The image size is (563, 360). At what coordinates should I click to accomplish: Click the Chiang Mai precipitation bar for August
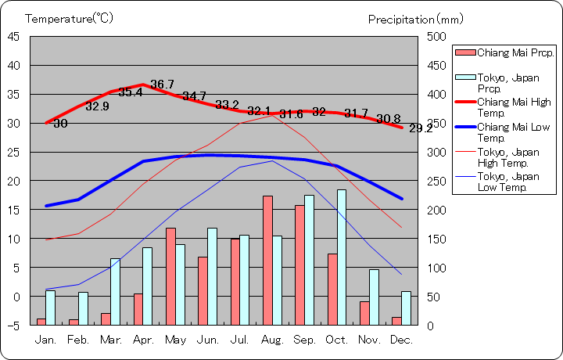[x=267, y=260]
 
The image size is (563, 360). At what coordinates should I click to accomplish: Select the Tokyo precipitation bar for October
[x=342, y=257]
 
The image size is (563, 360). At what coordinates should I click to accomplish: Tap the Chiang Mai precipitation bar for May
[x=170, y=276]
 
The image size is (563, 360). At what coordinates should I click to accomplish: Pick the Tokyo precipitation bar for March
[x=115, y=291]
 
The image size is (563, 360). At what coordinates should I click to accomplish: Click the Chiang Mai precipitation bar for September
[x=299, y=265]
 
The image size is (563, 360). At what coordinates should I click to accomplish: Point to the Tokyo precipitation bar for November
[x=374, y=297]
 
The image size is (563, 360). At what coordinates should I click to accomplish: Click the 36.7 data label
[x=162, y=85]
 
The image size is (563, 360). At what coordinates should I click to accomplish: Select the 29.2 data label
[x=420, y=128]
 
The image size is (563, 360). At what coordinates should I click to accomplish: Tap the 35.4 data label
[x=131, y=92]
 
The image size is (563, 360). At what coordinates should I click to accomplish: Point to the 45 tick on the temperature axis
[x=15, y=36]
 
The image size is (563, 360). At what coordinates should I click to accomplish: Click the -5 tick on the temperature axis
[x=15, y=326]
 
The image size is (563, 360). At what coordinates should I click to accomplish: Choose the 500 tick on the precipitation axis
[x=437, y=36]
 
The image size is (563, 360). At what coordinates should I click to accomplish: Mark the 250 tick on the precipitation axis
[x=437, y=181]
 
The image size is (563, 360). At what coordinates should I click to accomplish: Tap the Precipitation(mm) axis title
[x=415, y=18]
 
